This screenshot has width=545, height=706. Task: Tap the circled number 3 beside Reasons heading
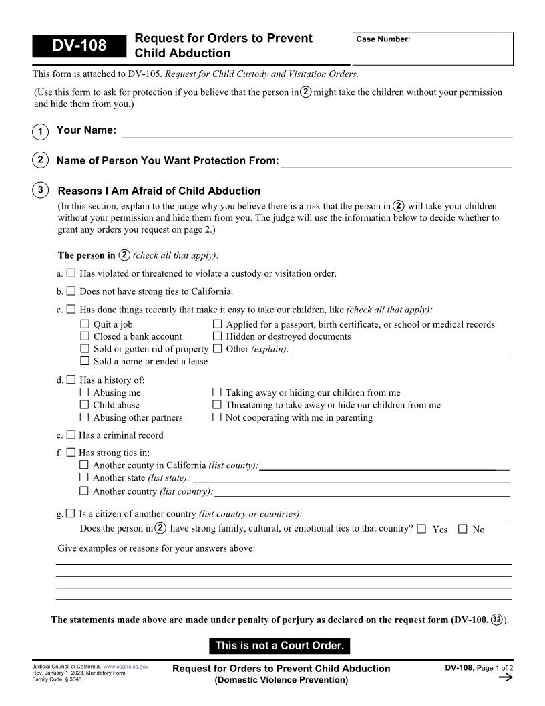pos(40,191)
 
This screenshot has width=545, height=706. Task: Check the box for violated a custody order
pos(71,273)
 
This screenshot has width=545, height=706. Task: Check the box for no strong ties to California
pos(71,291)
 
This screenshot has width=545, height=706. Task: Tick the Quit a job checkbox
pos(85,324)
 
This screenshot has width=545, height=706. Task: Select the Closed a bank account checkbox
pos(85,336)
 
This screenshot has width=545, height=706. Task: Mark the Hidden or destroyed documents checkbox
pos(218,336)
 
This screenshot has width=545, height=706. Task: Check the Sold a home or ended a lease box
pos(85,361)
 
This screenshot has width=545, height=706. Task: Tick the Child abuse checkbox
pos(84,404)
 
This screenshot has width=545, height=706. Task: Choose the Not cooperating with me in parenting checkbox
pos(217,417)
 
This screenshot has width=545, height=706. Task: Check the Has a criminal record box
pos(71,435)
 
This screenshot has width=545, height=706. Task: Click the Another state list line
pos(350,478)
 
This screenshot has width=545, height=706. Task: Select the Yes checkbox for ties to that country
pos(421,529)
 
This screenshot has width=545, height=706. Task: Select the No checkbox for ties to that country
pos(462,529)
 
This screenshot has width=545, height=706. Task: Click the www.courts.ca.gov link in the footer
pos(126,667)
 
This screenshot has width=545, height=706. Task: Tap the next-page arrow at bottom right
pos(506,678)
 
